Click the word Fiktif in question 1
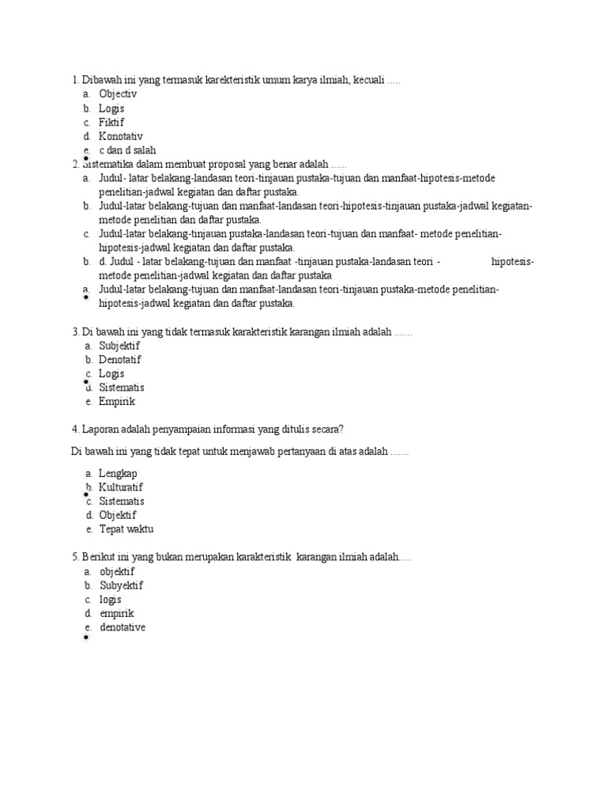click(x=111, y=123)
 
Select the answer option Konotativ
click(x=120, y=136)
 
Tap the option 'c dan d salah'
click(x=127, y=150)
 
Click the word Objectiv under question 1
click(x=118, y=94)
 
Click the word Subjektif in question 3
click(x=119, y=346)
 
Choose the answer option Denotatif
click(x=119, y=360)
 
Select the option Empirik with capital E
click(x=117, y=401)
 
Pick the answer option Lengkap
click(x=118, y=473)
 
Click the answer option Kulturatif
click(x=121, y=487)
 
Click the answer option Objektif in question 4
click(x=118, y=515)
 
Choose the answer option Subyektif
click(x=121, y=585)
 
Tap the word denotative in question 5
click(x=123, y=627)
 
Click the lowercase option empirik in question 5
click(x=117, y=613)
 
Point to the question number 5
click(x=74, y=558)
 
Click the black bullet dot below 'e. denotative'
click(x=85, y=637)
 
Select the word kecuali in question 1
click(x=369, y=80)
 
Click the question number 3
click(x=74, y=332)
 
